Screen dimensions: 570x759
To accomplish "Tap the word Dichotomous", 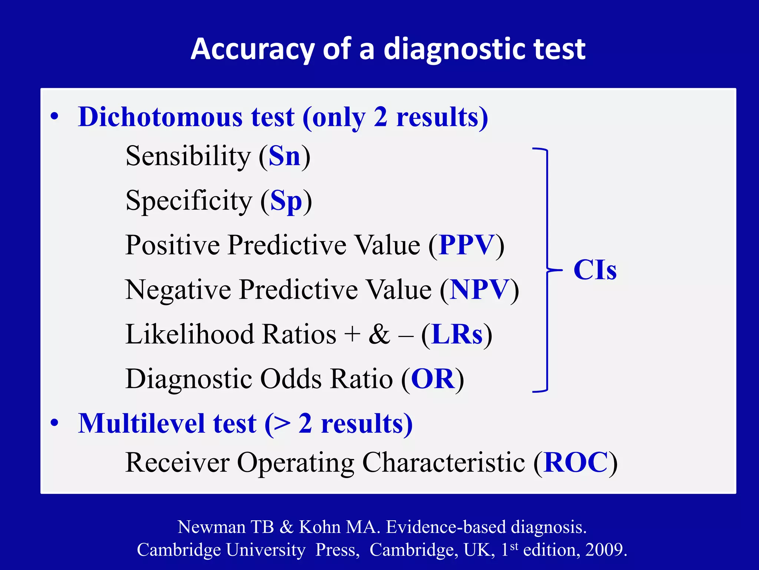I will point(160,117).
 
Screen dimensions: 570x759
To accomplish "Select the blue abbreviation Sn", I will point(284,156).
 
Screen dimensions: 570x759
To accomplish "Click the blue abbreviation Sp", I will point(286,201).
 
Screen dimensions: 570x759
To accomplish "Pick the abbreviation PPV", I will point(467,245).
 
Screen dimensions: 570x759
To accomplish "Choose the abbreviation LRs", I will point(457,334).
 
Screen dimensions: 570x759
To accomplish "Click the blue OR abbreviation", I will point(433,379).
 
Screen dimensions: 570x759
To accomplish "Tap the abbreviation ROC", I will point(576,462).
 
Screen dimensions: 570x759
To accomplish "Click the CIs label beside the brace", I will point(595,270).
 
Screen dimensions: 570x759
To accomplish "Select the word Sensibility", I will point(188,156).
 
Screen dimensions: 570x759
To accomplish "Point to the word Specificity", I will point(189,201).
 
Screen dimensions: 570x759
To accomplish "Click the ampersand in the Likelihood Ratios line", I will point(379,334).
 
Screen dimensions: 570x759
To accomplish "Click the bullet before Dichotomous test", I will point(55,117).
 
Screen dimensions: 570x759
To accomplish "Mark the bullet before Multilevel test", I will point(55,423).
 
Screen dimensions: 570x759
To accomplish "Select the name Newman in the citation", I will point(211,527).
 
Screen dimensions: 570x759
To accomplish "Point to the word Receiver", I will point(178,462).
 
